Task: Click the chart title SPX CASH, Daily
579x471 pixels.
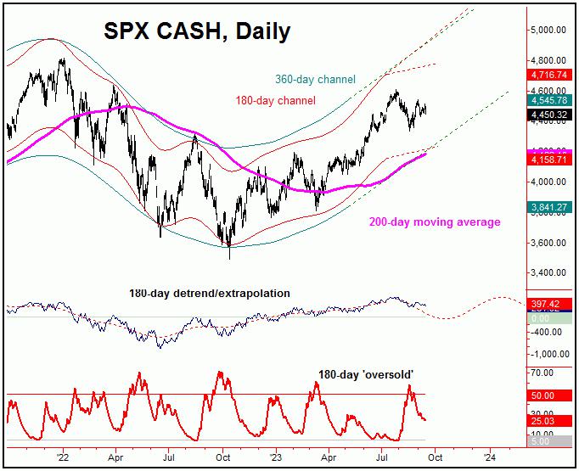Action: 197,31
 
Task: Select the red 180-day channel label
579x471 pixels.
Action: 273,101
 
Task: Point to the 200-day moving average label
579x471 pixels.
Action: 434,222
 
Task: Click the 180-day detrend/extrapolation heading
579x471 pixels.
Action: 209,294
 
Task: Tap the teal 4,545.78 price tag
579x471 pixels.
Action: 552,98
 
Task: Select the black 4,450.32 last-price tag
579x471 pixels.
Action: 552,113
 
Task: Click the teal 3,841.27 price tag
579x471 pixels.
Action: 552,205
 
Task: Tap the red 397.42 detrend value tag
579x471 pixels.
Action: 552,304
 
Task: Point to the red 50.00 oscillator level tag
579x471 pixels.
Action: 552,395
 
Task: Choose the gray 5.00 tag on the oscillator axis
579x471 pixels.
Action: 552,441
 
